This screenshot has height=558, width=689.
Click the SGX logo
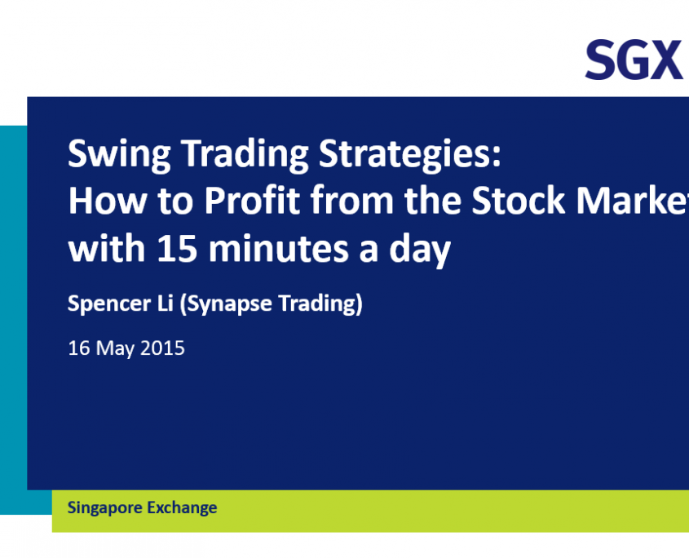click(x=634, y=60)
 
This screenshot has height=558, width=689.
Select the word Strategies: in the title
click(x=409, y=154)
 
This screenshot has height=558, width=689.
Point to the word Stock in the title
click(x=518, y=201)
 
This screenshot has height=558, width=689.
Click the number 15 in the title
click(x=177, y=248)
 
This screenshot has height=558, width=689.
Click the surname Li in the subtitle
click(x=166, y=303)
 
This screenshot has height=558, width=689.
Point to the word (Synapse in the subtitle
click(x=226, y=304)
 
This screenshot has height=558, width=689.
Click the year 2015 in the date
click(x=162, y=348)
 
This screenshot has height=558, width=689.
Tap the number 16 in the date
click(x=79, y=348)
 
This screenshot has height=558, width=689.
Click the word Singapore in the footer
click(x=104, y=508)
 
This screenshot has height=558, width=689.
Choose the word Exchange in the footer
click(x=182, y=508)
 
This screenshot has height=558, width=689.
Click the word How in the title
click(x=108, y=201)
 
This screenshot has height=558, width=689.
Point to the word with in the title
click(x=107, y=248)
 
